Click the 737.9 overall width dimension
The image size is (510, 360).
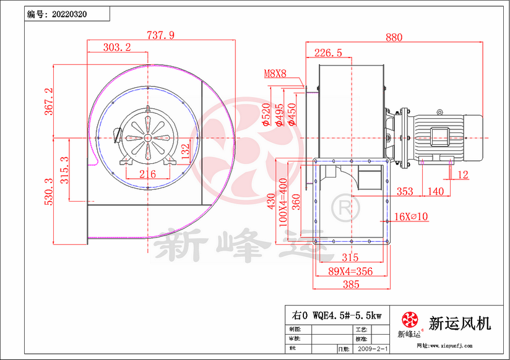click(x=160, y=35)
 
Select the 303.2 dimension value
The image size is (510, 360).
click(x=117, y=48)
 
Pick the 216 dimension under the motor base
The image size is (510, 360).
click(x=147, y=174)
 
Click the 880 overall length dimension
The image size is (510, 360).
click(x=394, y=37)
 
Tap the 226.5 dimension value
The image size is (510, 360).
click(x=328, y=53)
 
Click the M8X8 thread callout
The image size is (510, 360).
click(x=275, y=74)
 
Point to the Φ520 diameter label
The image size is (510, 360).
click(x=266, y=115)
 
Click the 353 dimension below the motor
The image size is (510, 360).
click(x=405, y=192)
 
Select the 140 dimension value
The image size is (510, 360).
click(x=435, y=192)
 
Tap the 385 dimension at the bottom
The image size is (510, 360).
click(x=350, y=285)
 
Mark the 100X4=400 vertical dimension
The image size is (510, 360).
click(x=283, y=203)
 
